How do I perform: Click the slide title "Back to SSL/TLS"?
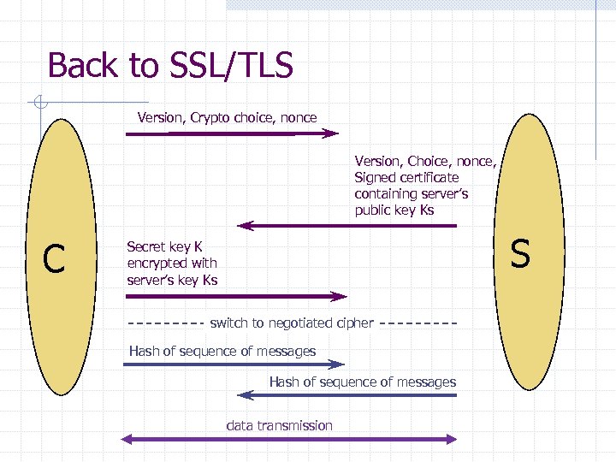point(170,66)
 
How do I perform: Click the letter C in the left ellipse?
point(54,259)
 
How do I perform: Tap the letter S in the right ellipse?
point(520,253)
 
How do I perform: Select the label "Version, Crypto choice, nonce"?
point(227,117)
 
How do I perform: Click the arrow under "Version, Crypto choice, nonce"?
point(232,133)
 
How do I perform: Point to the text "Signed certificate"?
point(406,177)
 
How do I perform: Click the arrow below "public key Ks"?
point(346,226)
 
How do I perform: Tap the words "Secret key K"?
point(164,246)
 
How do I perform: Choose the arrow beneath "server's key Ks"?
point(236,297)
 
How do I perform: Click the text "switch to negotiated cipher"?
point(291,323)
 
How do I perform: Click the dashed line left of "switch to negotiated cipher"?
point(164,323)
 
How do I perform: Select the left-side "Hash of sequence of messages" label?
point(222,351)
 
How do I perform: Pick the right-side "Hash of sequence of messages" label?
point(362,382)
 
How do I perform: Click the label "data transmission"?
point(279,425)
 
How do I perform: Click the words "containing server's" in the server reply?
point(412,194)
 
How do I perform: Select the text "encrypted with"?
point(171,264)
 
